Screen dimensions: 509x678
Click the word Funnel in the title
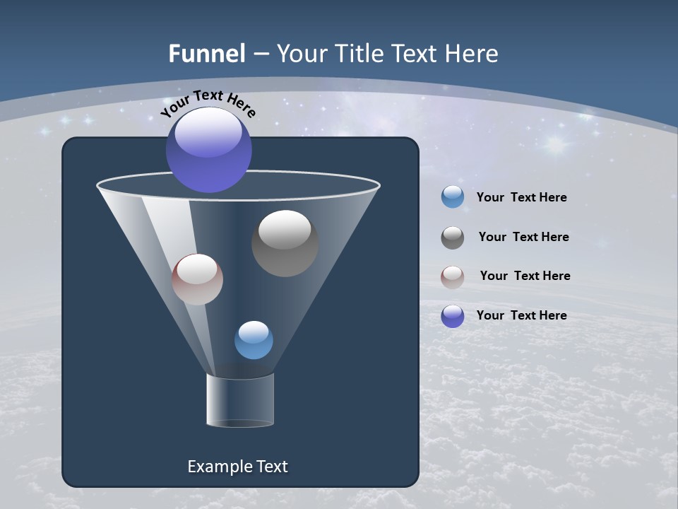[206, 54]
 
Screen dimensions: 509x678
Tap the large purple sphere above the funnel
[209, 150]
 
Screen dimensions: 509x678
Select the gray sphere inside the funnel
[285, 243]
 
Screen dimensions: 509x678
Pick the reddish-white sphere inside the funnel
[197, 279]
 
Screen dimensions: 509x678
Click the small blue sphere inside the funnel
[254, 340]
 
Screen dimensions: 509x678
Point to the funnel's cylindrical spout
[240, 400]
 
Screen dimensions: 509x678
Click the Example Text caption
[237, 467]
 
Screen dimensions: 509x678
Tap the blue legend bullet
[453, 197]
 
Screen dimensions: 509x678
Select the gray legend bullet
[453, 238]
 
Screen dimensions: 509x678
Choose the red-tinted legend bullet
[453, 277]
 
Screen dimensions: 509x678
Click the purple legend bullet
[453, 316]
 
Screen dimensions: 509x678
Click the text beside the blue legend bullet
[521, 198]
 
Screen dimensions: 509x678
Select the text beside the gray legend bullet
[523, 238]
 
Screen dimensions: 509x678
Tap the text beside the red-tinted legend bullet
[525, 276]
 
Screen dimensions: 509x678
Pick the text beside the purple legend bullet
[521, 316]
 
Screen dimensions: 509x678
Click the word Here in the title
[471, 54]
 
